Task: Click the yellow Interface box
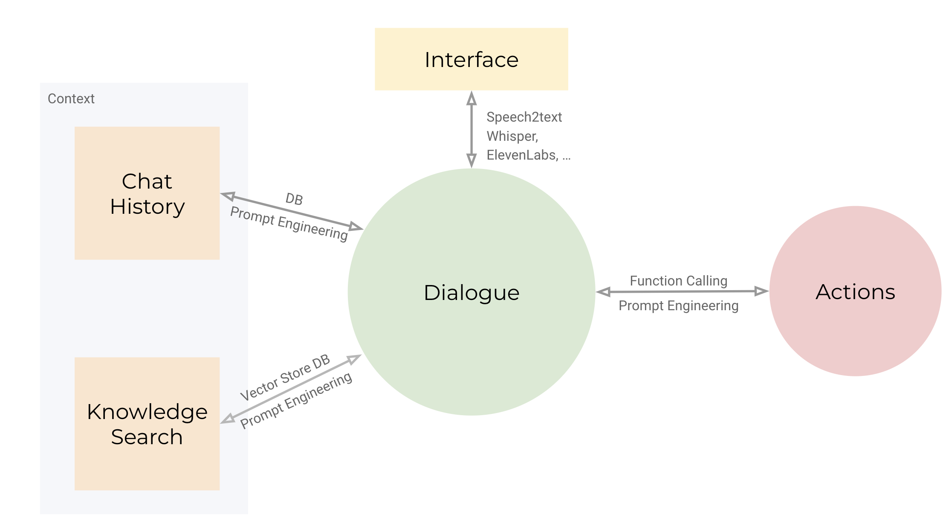(471, 59)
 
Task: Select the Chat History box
(147, 193)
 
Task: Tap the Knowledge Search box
(147, 424)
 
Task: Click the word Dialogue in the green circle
(471, 293)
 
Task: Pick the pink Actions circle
(855, 291)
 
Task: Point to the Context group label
(71, 99)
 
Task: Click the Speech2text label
(524, 117)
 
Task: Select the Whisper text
(512, 136)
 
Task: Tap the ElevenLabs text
(522, 155)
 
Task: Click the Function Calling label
(678, 281)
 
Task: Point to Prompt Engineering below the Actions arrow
(678, 306)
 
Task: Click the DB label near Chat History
(294, 199)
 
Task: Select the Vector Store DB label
(285, 378)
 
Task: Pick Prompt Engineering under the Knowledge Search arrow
(296, 400)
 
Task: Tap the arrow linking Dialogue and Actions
(682, 291)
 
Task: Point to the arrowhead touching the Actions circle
(761, 291)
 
